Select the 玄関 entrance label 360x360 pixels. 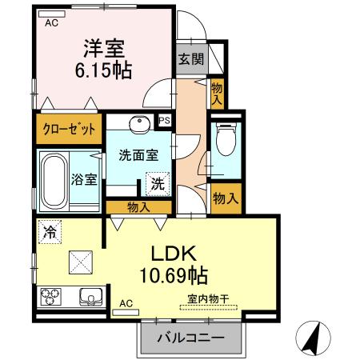point(189,58)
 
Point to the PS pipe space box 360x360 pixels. point(164,121)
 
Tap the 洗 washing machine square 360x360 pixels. point(158,183)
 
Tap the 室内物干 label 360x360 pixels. point(209,299)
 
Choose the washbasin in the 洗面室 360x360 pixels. point(140,125)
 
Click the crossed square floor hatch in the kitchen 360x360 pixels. point(81,261)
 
